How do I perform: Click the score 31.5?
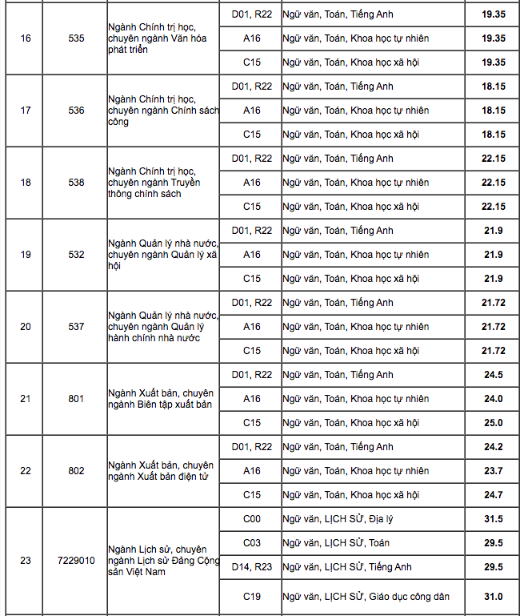pyautogui.click(x=493, y=519)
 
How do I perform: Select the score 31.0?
pyautogui.click(x=493, y=596)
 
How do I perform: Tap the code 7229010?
pyautogui.click(x=76, y=560)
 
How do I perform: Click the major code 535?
pyautogui.click(x=76, y=38)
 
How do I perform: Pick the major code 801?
pyautogui.click(x=76, y=399)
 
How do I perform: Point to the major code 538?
pyautogui.click(x=76, y=183)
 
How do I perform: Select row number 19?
pyautogui.click(x=26, y=255)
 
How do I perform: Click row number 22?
pyautogui.click(x=26, y=471)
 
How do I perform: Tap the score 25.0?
pyautogui.click(x=493, y=423)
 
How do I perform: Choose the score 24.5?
pyautogui.click(x=493, y=375)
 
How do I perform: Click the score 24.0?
pyautogui.click(x=493, y=399)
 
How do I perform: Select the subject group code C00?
pyautogui.click(x=252, y=519)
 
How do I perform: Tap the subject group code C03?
pyautogui.click(x=252, y=543)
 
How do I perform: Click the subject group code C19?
pyautogui.click(x=252, y=596)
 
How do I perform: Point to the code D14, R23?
pyautogui.click(x=252, y=567)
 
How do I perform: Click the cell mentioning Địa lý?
pyautogui.click(x=338, y=519)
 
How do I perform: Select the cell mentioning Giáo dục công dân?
pyautogui.click(x=366, y=596)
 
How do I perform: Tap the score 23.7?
pyautogui.click(x=493, y=471)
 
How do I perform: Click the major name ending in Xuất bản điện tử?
pyautogui.click(x=161, y=471)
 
